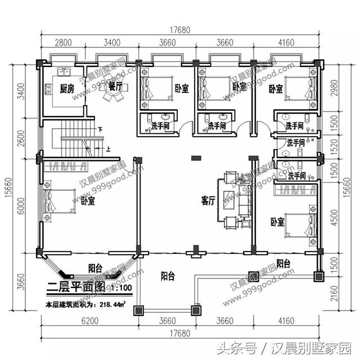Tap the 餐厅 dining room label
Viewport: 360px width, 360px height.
(x=116, y=85)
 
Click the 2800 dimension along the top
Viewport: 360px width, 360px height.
(x=62, y=42)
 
